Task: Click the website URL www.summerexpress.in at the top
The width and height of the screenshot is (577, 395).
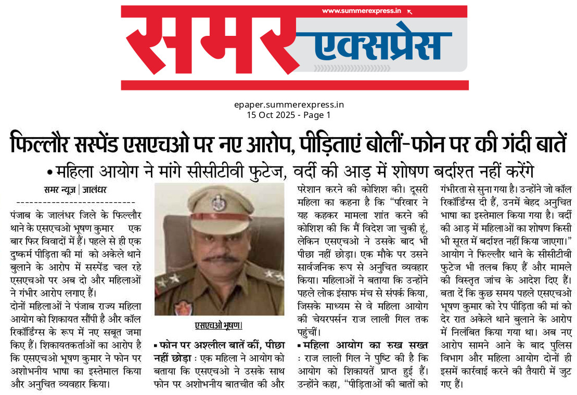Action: coord(361,11)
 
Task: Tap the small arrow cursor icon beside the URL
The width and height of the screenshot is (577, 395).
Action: coord(409,11)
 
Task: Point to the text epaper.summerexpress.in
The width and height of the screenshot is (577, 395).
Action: coord(289,104)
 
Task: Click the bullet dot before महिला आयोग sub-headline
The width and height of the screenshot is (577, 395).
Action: coord(50,172)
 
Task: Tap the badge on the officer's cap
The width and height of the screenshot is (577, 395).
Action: coord(219,202)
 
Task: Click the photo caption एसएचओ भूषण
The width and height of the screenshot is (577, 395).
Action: coord(219,325)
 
